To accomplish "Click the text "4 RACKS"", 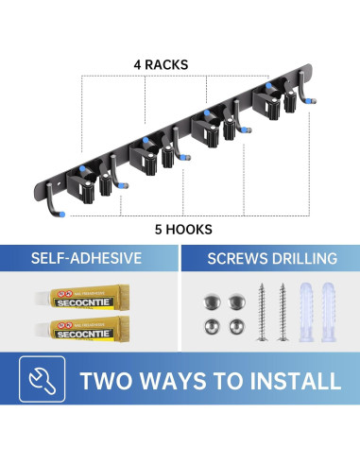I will [162, 65].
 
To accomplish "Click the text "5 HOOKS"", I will [179, 229].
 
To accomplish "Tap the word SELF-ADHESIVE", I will [90, 258].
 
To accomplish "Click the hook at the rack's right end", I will [305, 104].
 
